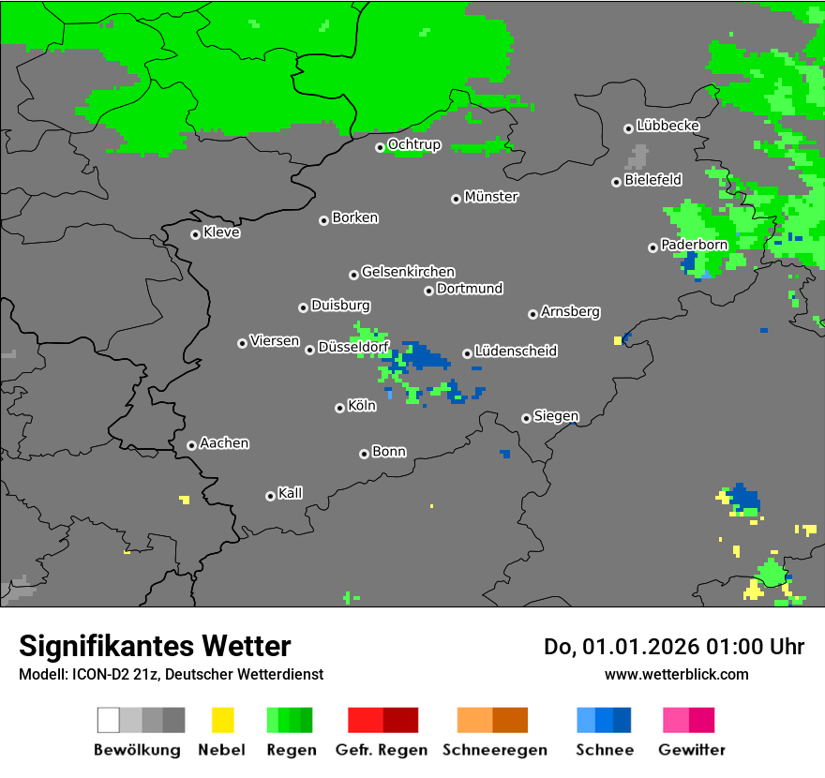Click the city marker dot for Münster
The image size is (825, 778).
457,198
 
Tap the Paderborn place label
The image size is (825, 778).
694,245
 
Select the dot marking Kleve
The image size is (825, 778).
196,234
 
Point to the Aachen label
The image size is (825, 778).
224,443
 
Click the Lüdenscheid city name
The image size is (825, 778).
516,352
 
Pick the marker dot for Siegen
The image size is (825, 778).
527,418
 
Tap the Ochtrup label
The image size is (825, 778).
413,145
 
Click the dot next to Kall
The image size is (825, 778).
271,496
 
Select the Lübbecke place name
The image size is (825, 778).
667,126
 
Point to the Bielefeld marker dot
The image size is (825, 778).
617,182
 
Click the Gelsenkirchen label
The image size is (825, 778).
408,272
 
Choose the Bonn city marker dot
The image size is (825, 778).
365,454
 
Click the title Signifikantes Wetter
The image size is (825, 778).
155,646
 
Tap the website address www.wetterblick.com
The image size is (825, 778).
676,674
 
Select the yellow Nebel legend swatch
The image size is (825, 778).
222,720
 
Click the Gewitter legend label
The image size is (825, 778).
692,750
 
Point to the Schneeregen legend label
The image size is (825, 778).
494,750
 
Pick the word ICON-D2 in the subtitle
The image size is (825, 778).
90,674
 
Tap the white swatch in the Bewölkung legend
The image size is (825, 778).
109,720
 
